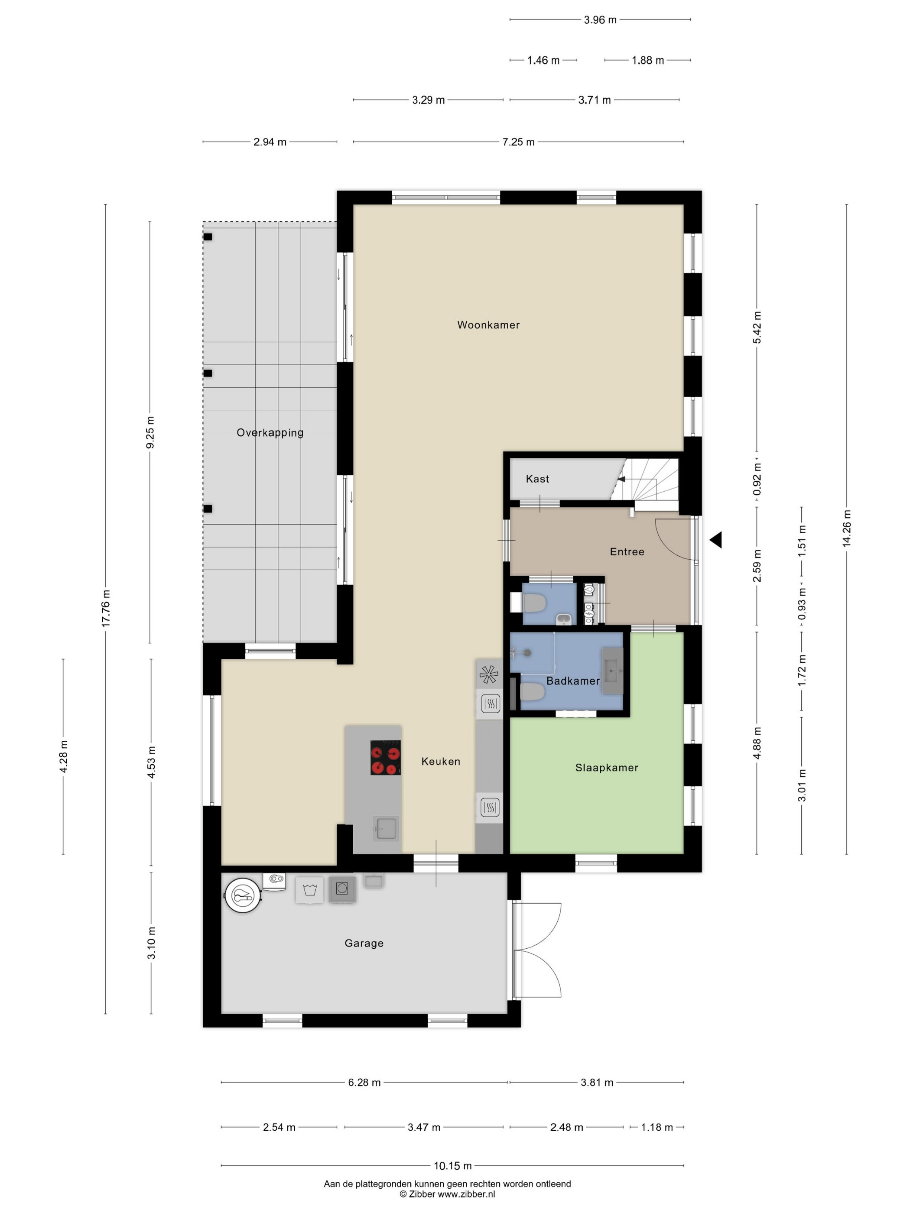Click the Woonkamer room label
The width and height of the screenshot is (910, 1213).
pyautogui.click(x=488, y=324)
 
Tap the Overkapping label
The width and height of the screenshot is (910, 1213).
pyautogui.click(x=270, y=433)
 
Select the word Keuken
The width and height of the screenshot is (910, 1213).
pyautogui.click(x=440, y=761)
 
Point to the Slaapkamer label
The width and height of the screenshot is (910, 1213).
pyautogui.click(x=607, y=768)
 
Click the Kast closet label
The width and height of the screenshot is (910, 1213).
pyautogui.click(x=537, y=479)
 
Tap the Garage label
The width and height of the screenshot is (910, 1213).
pyautogui.click(x=364, y=943)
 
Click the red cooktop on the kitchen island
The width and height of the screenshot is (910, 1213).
pyautogui.click(x=385, y=757)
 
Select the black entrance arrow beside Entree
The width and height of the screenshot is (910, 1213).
pyautogui.click(x=715, y=540)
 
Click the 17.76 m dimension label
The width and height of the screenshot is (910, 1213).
pyautogui.click(x=106, y=609)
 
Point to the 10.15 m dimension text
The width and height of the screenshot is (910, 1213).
pyautogui.click(x=452, y=1166)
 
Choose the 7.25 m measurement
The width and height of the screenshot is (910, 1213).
pyautogui.click(x=518, y=142)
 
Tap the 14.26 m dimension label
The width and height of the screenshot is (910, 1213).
pyautogui.click(x=846, y=528)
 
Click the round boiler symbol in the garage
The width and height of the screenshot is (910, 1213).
pyautogui.click(x=243, y=895)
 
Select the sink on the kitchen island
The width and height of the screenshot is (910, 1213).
pyautogui.click(x=386, y=828)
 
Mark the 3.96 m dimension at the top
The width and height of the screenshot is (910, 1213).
pyautogui.click(x=600, y=20)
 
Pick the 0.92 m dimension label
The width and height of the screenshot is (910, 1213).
pyautogui.click(x=757, y=479)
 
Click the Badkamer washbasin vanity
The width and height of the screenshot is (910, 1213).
pyautogui.click(x=613, y=671)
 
